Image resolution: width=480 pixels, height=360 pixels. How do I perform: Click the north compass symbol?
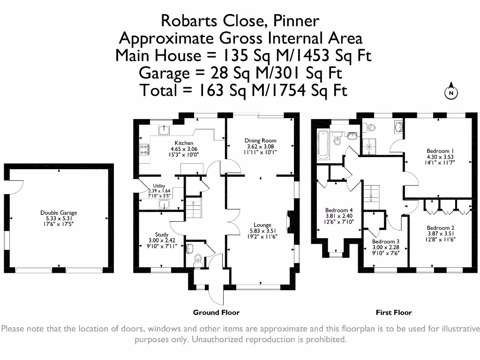point(450,92)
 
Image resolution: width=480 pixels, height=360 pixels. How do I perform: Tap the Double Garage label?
point(59,213)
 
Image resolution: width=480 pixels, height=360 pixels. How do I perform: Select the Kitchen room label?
point(184,143)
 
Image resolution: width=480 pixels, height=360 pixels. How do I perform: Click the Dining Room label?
point(261,140)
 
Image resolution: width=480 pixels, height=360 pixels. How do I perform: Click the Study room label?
point(162,234)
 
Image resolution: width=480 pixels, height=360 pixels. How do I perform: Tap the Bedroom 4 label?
point(339,210)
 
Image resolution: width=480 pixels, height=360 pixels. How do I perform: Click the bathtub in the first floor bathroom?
point(322,144)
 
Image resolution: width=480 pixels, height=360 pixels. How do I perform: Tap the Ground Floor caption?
point(216,312)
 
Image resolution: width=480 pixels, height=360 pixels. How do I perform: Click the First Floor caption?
point(394,312)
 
